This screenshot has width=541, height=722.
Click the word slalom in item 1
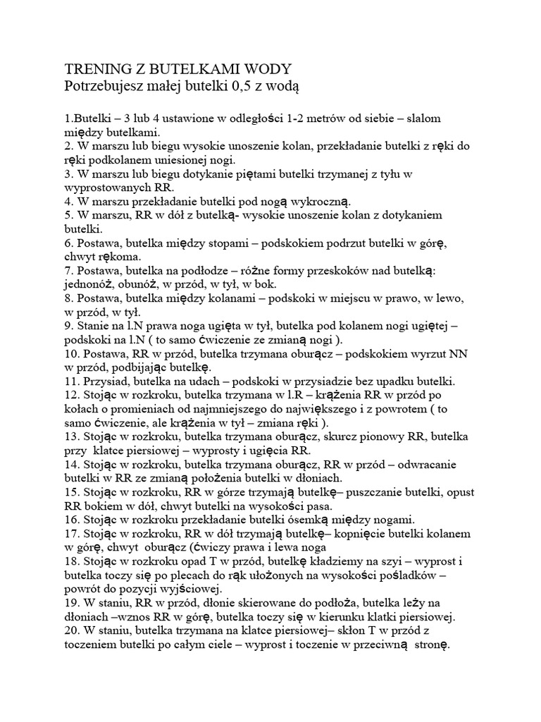point(421,118)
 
